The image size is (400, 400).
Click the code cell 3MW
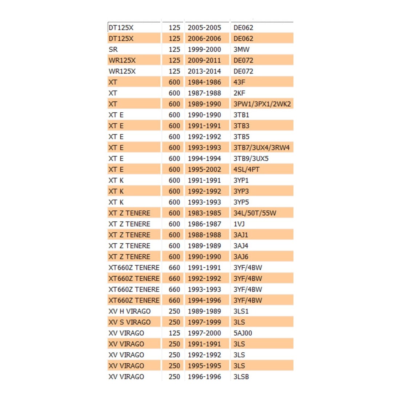click(x=241, y=49)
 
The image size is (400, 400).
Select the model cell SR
click(x=113, y=49)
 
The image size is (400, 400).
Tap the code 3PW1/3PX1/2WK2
click(x=262, y=104)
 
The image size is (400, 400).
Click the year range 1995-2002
click(x=204, y=169)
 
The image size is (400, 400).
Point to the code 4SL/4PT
click(x=247, y=169)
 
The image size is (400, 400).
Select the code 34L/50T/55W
click(x=255, y=213)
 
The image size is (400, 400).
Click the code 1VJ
click(x=239, y=224)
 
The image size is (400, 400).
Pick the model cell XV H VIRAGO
click(x=129, y=311)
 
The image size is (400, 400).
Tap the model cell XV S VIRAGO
click(x=129, y=322)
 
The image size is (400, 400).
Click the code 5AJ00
click(x=243, y=333)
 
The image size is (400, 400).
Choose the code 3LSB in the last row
click(x=241, y=377)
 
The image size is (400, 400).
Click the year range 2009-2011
click(x=204, y=60)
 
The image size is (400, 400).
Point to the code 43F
click(x=239, y=82)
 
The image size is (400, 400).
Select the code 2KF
click(x=239, y=93)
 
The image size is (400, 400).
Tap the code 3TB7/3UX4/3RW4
click(x=261, y=148)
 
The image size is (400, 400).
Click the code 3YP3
click(x=241, y=191)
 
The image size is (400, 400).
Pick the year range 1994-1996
click(x=204, y=300)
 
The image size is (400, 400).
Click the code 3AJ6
click(x=241, y=257)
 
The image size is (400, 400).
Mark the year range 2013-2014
click(x=204, y=71)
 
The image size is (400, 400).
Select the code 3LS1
click(x=241, y=311)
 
